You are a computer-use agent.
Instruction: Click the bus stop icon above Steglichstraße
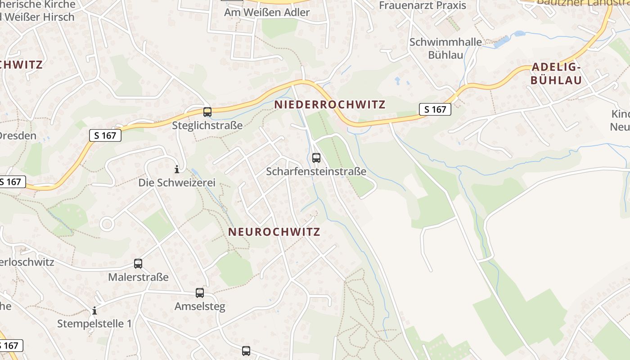tap(207, 112)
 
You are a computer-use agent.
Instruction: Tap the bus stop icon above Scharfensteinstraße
tap(316, 158)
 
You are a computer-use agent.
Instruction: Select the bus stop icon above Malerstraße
tap(138, 264)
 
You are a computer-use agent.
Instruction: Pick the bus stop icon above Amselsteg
tap(200, 293)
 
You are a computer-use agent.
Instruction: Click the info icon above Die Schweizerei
tap(177, 169)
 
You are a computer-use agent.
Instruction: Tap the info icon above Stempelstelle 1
tap(94, 310)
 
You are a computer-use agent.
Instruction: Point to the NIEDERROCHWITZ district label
tap(330, 105)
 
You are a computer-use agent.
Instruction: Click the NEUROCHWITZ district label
tap(274, 232)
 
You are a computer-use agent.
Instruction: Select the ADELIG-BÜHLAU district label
tap(556, 74)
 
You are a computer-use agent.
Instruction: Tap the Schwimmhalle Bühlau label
tap(445, 49)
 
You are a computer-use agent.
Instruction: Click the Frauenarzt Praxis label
tap(423, 5)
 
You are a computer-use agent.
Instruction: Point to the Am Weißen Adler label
tap(267, 12)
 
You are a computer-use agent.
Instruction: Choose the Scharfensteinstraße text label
tap(316, 171)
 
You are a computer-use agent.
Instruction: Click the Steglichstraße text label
tap(207, 126)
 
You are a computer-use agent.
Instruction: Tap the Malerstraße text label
tap(138, 277)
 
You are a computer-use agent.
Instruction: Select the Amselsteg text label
tap(200, 306)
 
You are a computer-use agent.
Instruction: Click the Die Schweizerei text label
tap(177, 183)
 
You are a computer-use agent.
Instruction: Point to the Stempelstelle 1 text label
tap(94, 324)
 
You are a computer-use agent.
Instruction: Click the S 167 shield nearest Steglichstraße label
tap(105, 135)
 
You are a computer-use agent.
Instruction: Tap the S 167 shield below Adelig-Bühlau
tap(435, 109)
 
